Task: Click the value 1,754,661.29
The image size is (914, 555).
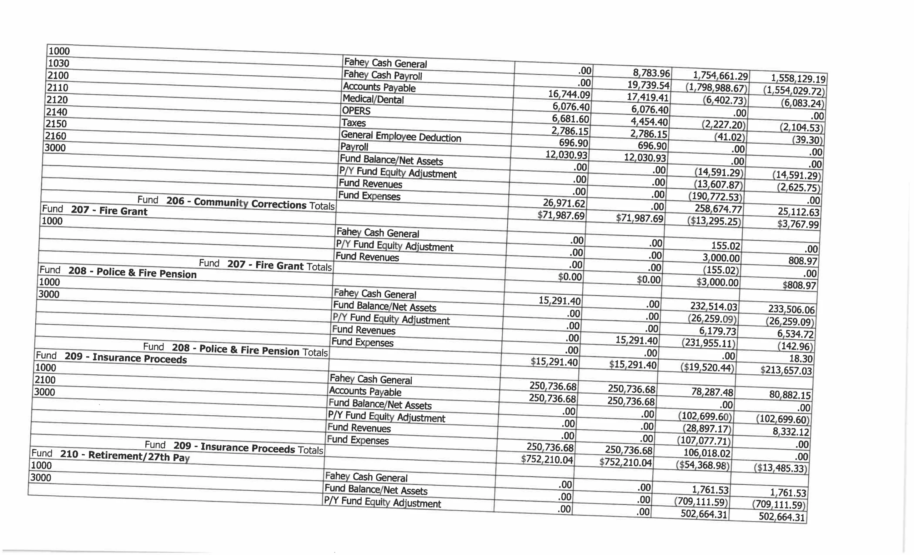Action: tap(720, 76)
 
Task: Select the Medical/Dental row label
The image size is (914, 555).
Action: tap(373, 99)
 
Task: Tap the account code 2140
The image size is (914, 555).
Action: tap(56, 112)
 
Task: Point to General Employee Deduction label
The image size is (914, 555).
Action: tap(401, 136)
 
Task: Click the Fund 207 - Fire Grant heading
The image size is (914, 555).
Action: tap(95, 210)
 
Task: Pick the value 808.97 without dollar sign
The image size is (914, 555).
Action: tap(803, 261)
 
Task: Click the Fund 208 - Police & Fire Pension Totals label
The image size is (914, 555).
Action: tap(236, 349)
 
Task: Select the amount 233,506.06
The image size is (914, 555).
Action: tap(791, 309)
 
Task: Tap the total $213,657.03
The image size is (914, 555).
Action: tap(786, 370)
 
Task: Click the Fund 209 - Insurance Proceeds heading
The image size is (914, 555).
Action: tap(111, 357)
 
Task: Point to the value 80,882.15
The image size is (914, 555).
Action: tap(790, 394)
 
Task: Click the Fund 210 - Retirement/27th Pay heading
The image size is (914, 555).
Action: tap(111, 455)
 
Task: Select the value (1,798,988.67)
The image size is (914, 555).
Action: tap(716, 88)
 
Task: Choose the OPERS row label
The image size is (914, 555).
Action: tap(356, 111)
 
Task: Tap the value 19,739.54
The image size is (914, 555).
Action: tap(648, 85)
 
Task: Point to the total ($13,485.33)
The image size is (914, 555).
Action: tap(780, 468)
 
